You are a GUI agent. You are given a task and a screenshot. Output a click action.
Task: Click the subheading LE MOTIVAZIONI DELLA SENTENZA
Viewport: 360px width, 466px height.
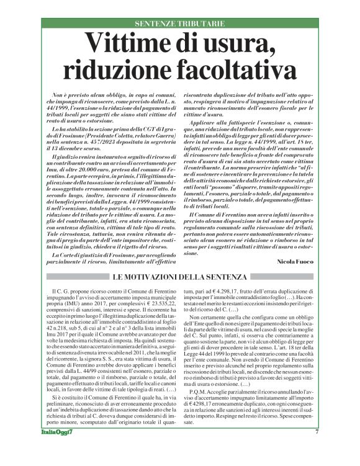point(180,276)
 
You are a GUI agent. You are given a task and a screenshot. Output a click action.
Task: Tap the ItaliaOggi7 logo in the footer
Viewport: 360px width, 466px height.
point(56,449)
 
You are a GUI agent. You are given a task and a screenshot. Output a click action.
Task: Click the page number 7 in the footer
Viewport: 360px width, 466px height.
point(317,449)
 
